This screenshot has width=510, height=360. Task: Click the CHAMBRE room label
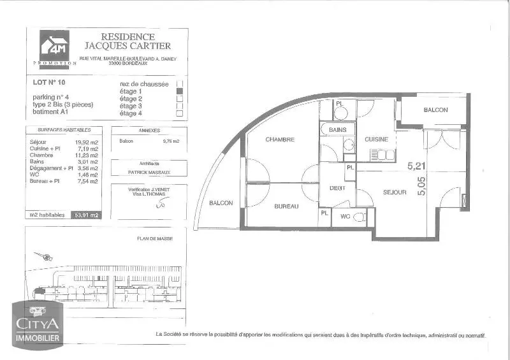(x=280, y=140)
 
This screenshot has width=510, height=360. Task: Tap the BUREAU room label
(x=287, y=206)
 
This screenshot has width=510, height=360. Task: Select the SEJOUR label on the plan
(x=395, y=192)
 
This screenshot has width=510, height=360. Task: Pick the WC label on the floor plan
(x=344, y=217)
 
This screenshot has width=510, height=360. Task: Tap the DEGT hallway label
(x=337, y=188)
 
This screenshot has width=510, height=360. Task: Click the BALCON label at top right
(x=435, y=110)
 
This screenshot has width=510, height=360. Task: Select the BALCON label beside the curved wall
(x=221, y=203)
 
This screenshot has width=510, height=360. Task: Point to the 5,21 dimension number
(x=416, y=166)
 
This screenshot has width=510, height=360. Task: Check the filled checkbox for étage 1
(x=180, y=92)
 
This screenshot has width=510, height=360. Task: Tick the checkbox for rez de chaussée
(x=180, y=84)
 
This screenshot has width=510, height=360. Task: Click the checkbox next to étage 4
(x=180, y=113)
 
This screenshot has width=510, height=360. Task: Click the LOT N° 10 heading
(x=49, y=82)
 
